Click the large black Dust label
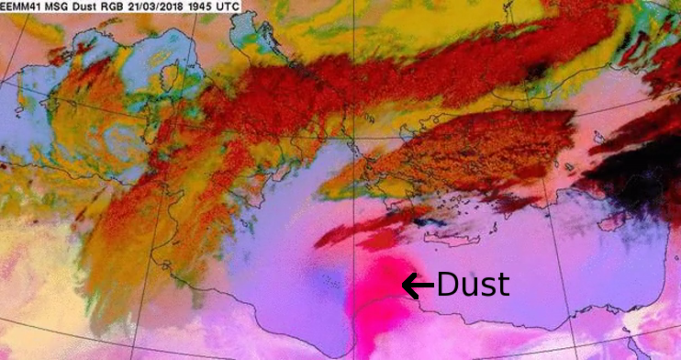tap(472, 286)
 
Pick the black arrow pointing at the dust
tap(418, 287)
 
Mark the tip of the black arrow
tap(404, 287)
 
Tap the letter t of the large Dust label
tap(501, 286)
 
